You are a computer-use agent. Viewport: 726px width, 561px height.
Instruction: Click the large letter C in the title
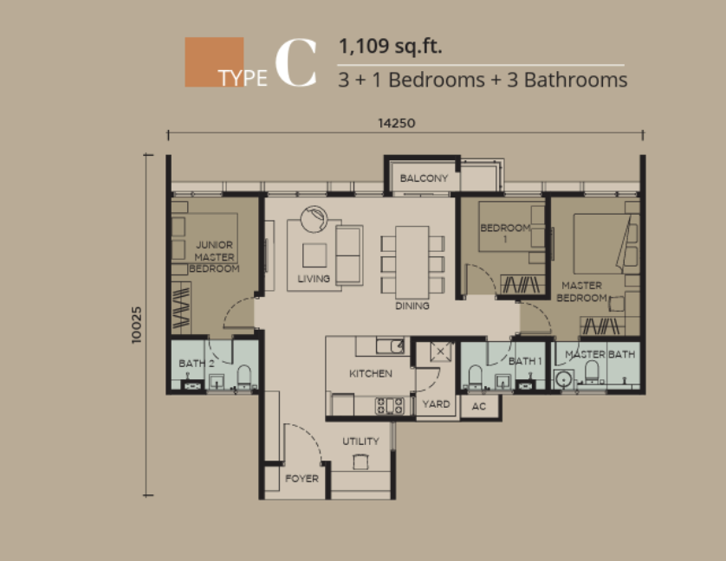point(296,62)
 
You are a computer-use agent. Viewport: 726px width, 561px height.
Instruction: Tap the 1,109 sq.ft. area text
point(391,46)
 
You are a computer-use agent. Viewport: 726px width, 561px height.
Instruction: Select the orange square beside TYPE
point(214,62)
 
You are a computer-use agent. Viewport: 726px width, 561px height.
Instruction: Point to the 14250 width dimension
point(396,123)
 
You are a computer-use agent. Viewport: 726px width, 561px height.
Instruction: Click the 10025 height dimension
point(137,325)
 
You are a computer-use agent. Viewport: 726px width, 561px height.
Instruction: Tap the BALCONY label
point(424,178)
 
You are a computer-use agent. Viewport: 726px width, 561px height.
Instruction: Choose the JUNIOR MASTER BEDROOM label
point(214,257)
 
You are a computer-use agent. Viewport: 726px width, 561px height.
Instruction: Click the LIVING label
point(314,279)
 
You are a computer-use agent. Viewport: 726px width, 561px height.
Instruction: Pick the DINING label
point(412,306)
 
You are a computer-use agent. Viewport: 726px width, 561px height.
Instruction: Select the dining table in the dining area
point(412,262)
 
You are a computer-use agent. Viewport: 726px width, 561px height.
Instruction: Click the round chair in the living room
point(314,219)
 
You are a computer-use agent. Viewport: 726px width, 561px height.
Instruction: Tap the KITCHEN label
point(371,373)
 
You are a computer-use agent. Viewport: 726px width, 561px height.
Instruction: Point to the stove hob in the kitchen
point(389,406)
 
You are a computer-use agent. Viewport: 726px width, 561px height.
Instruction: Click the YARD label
point(436,404)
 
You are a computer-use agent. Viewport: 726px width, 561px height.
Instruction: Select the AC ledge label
point(479,406)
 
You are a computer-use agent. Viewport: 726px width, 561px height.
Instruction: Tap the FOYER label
point(301,479)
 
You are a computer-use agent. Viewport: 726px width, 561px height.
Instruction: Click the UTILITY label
point(360,442)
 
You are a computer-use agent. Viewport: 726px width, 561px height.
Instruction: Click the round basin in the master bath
point(563,379)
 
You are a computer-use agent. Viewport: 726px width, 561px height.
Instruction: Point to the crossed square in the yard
point(440,351)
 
